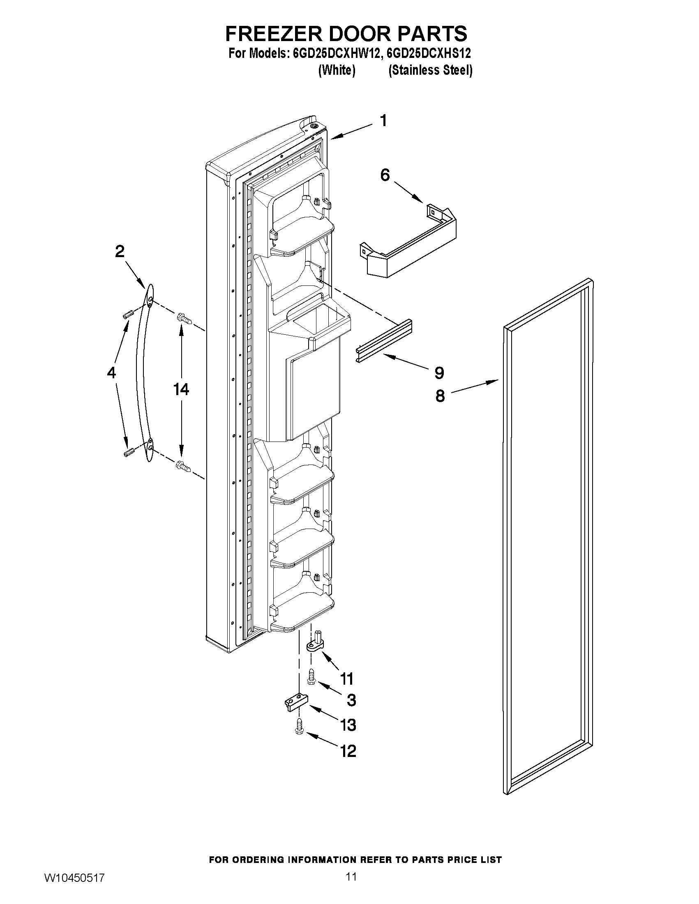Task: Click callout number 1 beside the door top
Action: [x=383, y=121]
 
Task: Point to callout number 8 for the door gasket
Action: [x=440, y=396]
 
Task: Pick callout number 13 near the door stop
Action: [x=348, y=725]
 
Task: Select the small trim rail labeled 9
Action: [x=383, y=340]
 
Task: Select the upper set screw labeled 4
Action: [x=127, y=315]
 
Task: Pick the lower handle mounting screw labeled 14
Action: [x=184, y=467]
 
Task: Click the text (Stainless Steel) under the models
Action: [x=430, y=70]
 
